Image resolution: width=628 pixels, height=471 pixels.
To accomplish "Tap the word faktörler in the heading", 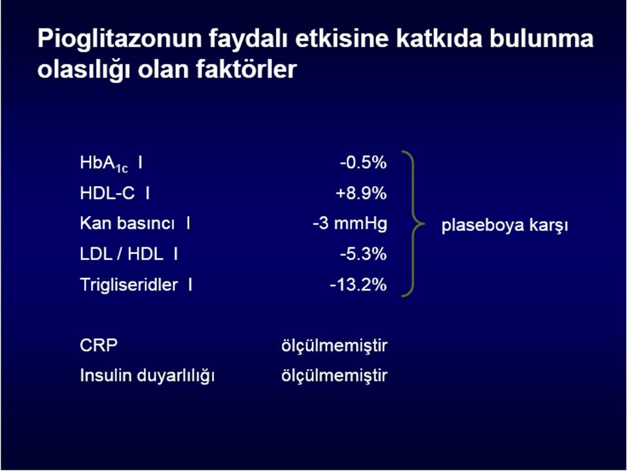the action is point(246,69).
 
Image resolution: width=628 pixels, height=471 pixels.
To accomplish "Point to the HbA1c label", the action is point(104,164).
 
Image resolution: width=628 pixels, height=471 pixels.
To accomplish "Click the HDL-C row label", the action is point(107,193).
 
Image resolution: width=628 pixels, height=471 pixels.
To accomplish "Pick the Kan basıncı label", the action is point(128,223).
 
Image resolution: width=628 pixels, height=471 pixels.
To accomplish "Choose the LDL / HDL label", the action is point(122,254).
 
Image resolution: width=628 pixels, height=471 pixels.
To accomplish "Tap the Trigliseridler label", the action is point(129,285).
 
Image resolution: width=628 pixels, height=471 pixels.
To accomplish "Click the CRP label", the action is point(99,345).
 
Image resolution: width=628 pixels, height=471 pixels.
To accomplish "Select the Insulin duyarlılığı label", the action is point(147,376).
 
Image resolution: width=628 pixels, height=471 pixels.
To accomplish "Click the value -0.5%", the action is point(363,163).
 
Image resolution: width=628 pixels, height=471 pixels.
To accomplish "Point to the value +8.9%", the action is point(361,193).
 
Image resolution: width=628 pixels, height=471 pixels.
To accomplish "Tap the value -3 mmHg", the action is point(350,224).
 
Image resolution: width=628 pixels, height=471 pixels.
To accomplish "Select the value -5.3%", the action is point(363,254).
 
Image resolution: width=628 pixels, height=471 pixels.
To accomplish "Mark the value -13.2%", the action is point(358,285).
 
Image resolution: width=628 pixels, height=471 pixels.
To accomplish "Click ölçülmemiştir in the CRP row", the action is point(334,345).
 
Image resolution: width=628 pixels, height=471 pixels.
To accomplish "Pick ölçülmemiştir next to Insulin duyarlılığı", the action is point(334,376).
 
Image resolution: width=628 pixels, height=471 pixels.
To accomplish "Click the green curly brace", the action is point(413,224).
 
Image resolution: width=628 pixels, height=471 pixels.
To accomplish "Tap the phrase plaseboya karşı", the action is point(504,225).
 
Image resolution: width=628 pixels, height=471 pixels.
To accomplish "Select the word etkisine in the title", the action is point(342,39).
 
